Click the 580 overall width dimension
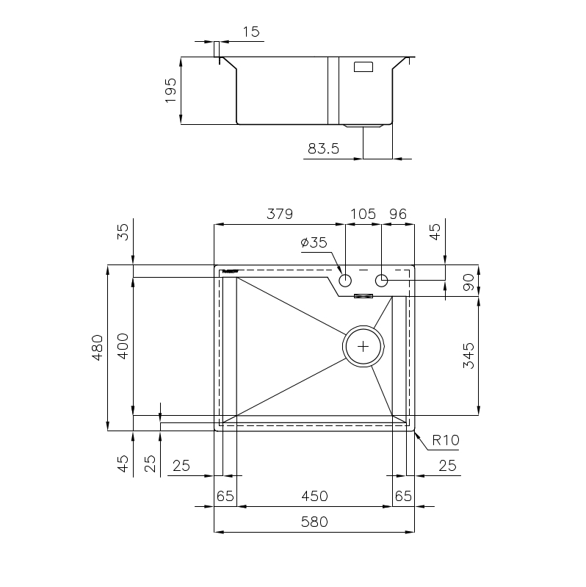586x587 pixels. pyautogui.click(x=314, y=522)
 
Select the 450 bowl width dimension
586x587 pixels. pyautogui.click(x=315, y=497)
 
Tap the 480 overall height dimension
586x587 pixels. pyautogui.click(x=97, y=347)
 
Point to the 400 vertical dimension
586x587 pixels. pyautogui.click(x=123, y=346)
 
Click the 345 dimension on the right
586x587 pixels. pyautogui.click(x=469, y=356)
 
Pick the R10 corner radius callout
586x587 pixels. pyautogui.click(x=445, y=440)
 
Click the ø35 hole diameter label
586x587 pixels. pyautogui.click(x=314, y=242)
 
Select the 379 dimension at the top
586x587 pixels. pyautogui.click(x=280, y=214)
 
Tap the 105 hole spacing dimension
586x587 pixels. pyautogui.click(x=363, y=214)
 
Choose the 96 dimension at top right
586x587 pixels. pyautogui.click(x=398, y=214)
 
